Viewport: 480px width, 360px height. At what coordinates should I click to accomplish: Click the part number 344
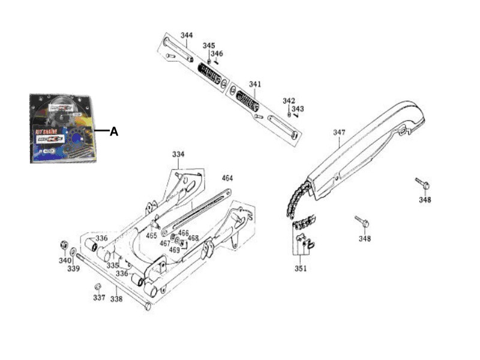pyautogui.click(x=187, y=35)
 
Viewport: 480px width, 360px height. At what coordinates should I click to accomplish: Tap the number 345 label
pyautogui.click(x=208, y=46)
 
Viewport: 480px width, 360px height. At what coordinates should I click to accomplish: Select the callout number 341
pyautogui.click(x=255, y=85)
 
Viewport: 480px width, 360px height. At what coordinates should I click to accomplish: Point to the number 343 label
pyautogui.click(x=298, y=109)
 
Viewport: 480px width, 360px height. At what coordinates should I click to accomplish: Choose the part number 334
pyautogui.click(x=178, y=154)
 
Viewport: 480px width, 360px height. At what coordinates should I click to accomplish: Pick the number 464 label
pyautogui.click(x=227, y=178)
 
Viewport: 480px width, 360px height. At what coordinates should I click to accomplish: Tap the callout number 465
pyautogui.click(x=152, y=236)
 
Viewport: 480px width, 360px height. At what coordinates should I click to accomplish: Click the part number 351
pyautogui.click(x=300, y=268)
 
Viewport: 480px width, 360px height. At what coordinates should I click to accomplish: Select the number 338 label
pyautogui.click(x=116, y=298)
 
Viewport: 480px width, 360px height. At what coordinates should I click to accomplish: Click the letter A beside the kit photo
pyautogui.click(x=113, y=131)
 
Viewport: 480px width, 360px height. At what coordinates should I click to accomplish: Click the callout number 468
pyautogui.click(x=193, y=238)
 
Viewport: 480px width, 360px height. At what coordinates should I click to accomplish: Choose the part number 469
pyautogui.click(x=174, y=250)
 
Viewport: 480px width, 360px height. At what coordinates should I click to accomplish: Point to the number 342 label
pyautogui.click(x=289, y=101)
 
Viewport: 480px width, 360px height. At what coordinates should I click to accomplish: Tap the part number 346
pyautogui.click(x=217, y=54)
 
